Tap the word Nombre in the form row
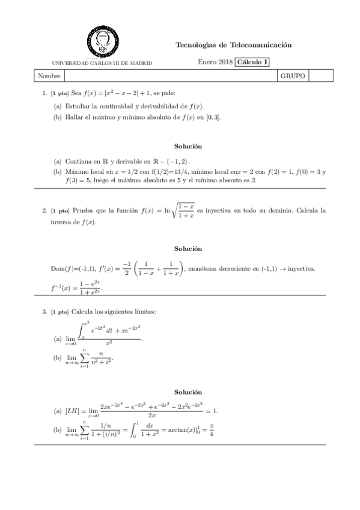click(x=49, y=76)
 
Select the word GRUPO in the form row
click(x=293, y=76)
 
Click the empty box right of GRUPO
click(x=320, y=76)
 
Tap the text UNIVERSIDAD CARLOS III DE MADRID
click(x=102, y=63)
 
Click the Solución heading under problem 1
click(x=188, y=146)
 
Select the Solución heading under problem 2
click(x=188, y=248)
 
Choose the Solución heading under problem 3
click(x=188, y=392)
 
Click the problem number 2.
click(x=44, y=211)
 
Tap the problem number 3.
click(x=44, y=312)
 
